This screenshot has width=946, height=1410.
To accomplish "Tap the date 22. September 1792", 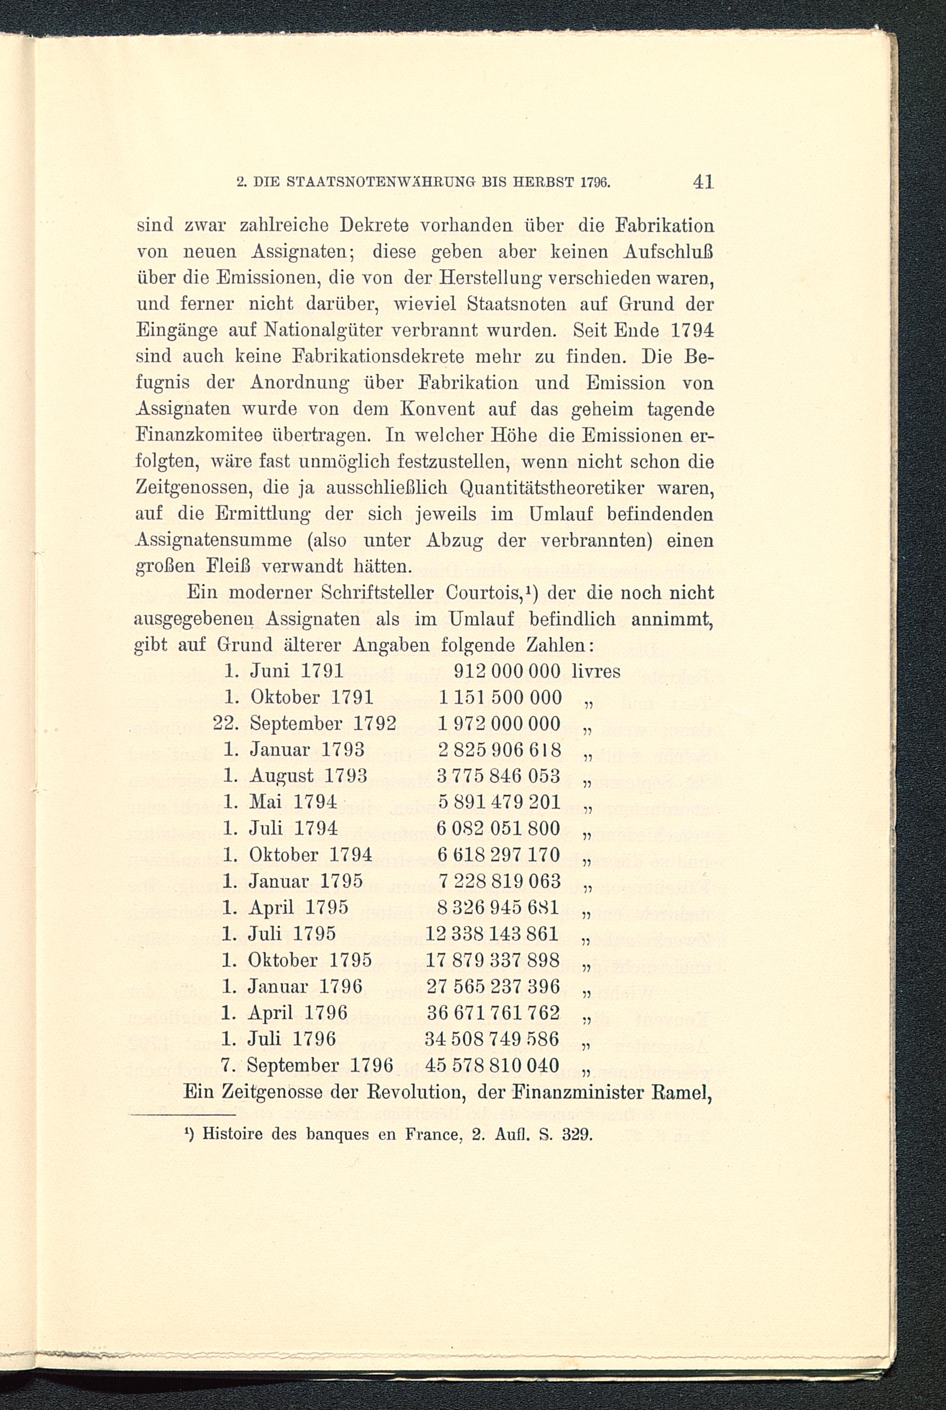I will [305, 724].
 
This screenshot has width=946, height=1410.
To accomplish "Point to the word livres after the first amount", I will [596, 671].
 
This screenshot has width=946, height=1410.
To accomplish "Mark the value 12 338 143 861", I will [492, 934].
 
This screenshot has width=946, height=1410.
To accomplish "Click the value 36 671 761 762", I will [492, 1012].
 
